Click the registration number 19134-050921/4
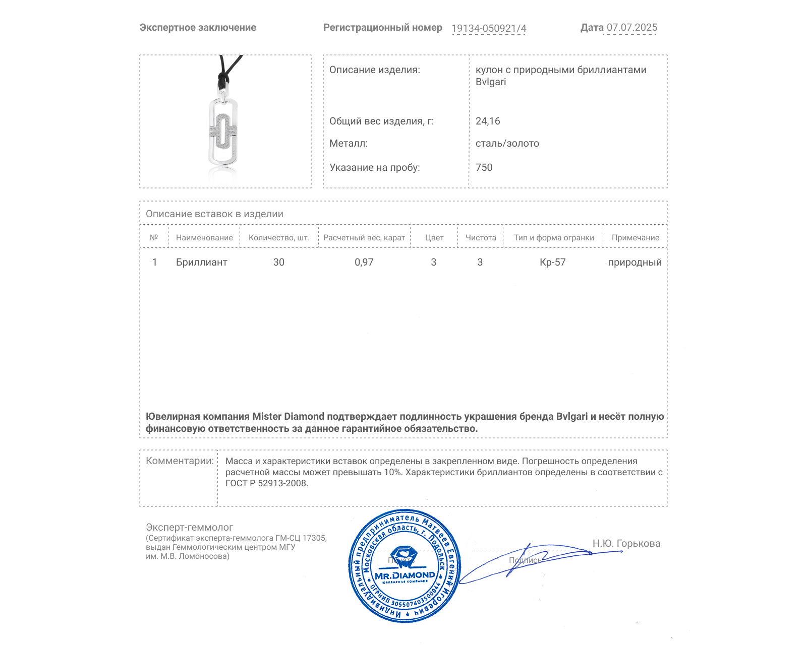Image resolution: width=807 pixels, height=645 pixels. tap(488, 28)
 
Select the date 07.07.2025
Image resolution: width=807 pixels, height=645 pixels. tap(631, 28)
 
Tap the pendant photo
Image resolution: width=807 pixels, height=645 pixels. tap(224, 121)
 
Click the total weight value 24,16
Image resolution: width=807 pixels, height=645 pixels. tap(488, 121)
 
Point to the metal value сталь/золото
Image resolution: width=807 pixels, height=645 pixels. tap(507, 144)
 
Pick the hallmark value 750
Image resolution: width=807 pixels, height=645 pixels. tap(484, 167)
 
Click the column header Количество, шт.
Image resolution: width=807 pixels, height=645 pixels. tap(279, 238)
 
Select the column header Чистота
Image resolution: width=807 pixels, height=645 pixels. tap(481, 238)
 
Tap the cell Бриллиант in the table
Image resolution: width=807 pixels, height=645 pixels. tap(201, 263)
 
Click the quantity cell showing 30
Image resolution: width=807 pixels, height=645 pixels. tap(279, 263)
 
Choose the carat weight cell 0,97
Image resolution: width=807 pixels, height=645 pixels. tap(364, 263)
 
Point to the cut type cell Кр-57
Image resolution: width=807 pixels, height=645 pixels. tap(552, 263)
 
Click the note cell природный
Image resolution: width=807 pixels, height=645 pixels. tap(635, 263)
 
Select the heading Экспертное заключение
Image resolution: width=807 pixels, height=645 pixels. tap(198, 28)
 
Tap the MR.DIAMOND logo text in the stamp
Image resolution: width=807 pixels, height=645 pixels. tap(405, 575)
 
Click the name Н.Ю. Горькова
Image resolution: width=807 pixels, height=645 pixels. tap(626, 543)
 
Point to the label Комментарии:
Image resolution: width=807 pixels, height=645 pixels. tap(180, 461)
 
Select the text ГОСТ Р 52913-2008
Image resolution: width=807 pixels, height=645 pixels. tap(266, 483)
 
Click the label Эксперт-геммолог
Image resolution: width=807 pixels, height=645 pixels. tap(189, 528)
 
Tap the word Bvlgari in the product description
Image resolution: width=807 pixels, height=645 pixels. tap(490, 82)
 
